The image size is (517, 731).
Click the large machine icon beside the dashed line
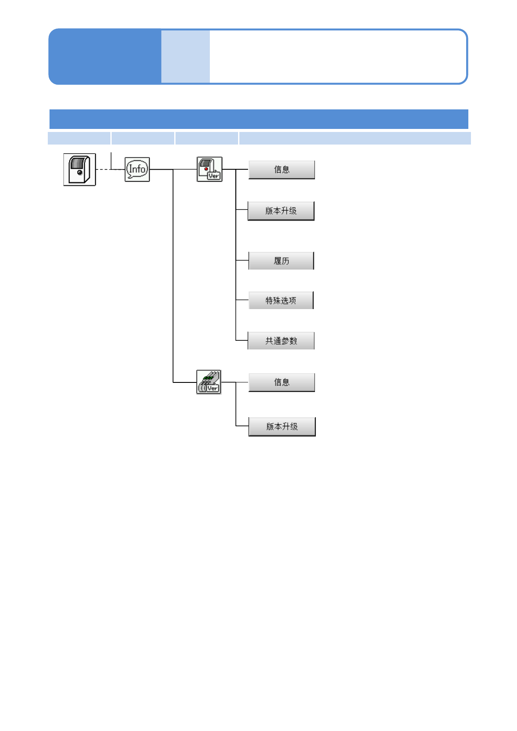[x=80, y=170]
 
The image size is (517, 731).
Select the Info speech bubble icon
[x=137, y=169]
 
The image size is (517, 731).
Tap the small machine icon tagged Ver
[x=209, y=169]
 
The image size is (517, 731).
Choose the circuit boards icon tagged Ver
[x=209, y=382]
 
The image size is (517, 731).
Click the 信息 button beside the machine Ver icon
[x=282, y=170]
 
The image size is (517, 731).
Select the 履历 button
[x=281, y=261]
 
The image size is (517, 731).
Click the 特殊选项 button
[x=281, y=300]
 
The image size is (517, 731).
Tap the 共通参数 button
[x=281, y=341]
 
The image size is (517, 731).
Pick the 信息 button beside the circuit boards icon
[x=282, y=382]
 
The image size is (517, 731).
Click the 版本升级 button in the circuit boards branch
[x=282, y=427]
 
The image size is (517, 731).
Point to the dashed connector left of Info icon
[x=103, y=169]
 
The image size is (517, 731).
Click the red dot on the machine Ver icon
[x=206, y=169]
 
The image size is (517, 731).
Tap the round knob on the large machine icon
[x=80, y=173]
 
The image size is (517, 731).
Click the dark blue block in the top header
[x=105, y=56]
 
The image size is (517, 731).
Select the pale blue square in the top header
[x=186, y=56]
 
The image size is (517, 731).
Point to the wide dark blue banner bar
[x=259, y=119]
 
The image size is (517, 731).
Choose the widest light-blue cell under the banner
[x=355, y=138]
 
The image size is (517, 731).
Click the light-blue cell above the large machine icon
[x=79, y=138]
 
